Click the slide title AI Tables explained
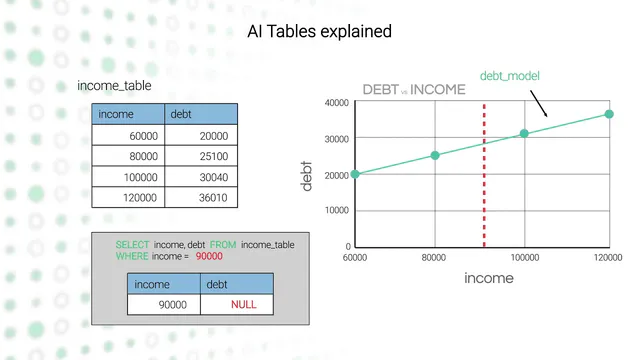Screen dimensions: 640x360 click(x=320, y=31)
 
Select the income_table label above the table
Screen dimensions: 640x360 click(x=114, y=86)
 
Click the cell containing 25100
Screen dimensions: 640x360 click(x=201, y=156)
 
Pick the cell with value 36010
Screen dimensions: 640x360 click(x=201, y=198)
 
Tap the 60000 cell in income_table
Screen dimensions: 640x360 click(x=128, y=136)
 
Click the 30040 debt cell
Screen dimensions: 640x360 click(x=201, y=177)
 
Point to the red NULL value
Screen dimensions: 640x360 click(x=244, y=304)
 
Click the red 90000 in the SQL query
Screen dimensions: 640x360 click(x=209, y=256)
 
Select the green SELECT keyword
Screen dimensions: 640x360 click(x=132, y=245)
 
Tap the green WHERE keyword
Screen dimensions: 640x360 click(x=132, y=256)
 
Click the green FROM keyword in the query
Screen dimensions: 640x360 click(x=223, y=245)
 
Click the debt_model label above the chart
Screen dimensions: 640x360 click(x=510, y=76)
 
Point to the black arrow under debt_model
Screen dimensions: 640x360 click(x=539, y=104)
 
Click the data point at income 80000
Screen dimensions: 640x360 click(x=435, y=155)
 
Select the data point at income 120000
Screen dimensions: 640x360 click(x=609, y=114)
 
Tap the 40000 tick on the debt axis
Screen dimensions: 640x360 click(x=337, y=103)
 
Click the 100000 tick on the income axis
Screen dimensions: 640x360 click(x=525, y=258)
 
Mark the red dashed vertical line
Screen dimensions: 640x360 click(x=484, y=176)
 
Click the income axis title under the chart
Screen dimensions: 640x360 click(x=489, y=278)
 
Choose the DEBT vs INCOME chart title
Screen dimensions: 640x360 click(x=414, y=89)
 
